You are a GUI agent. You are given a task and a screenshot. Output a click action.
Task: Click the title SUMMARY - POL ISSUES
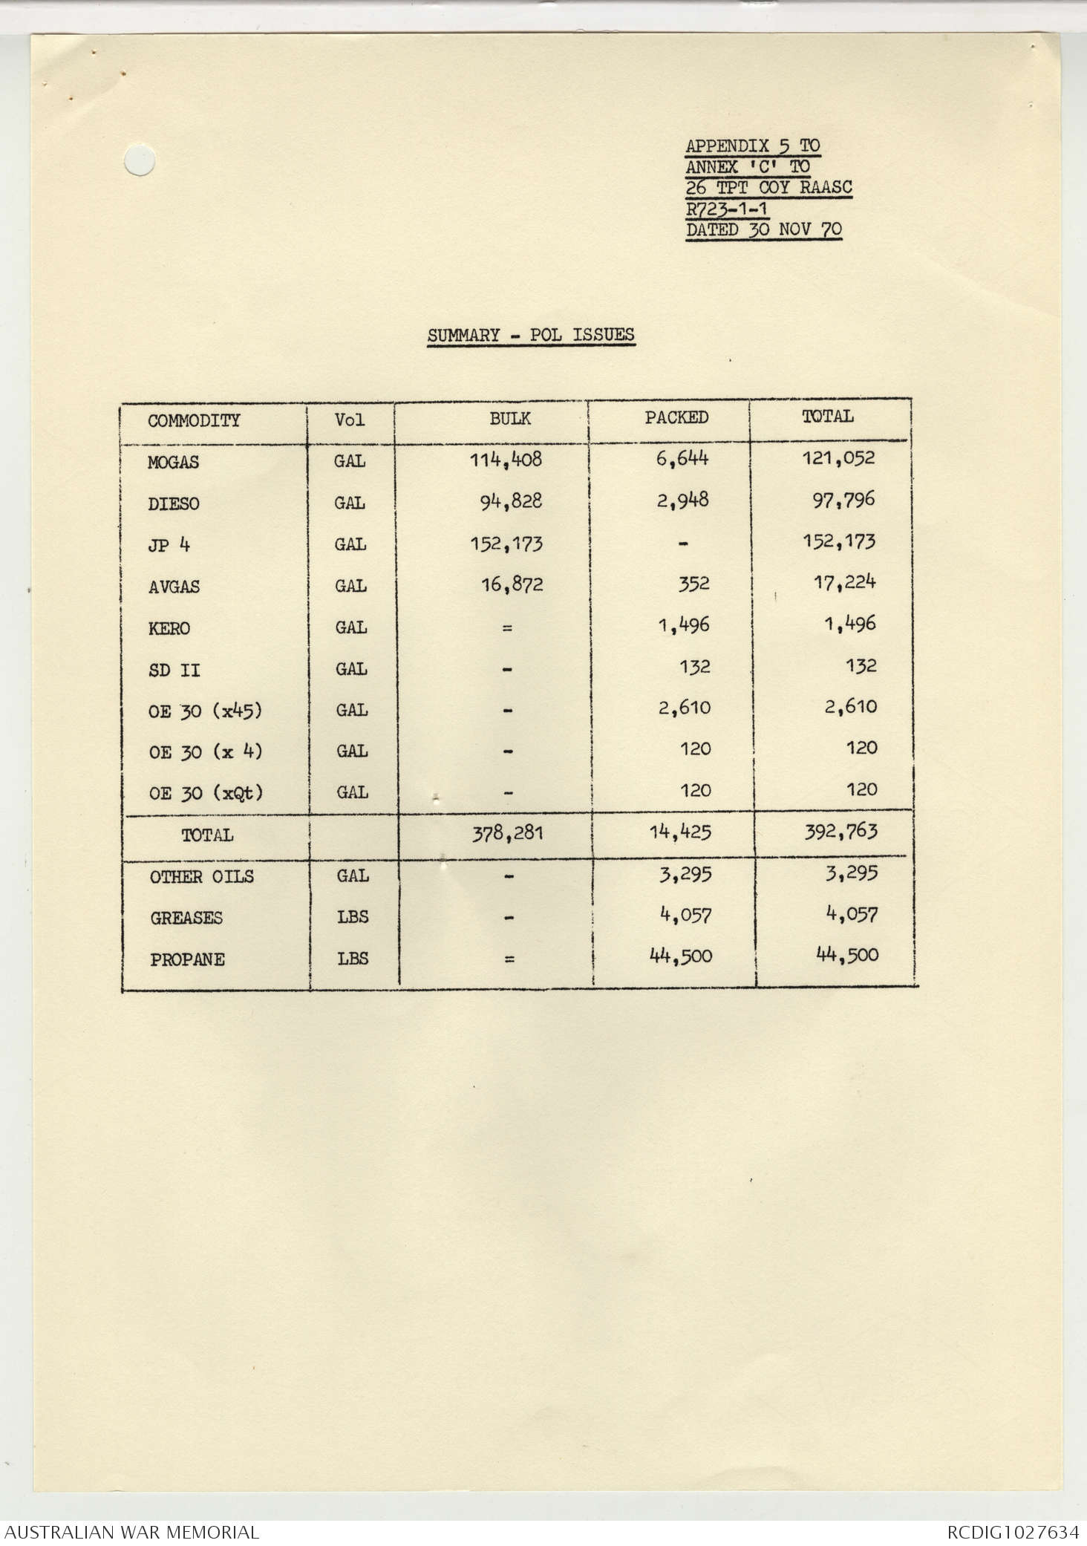pyautogui.click(x=530, y=336)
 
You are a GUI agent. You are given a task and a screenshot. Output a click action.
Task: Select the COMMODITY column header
pyautogui.click(x=194, y=421)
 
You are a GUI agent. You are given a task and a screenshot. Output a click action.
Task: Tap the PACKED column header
pyautogui.click(x=676, y=418)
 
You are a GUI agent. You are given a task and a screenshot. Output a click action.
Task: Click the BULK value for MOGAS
pyautogui.click(x=506, y=460)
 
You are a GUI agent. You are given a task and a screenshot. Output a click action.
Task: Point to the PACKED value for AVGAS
pyautogui.click(x=693, y=584)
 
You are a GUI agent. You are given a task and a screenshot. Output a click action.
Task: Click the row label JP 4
pyautogui.click(x=169, y=546)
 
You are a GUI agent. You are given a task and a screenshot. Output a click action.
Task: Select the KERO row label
pyautogui.click(x=169, y=629)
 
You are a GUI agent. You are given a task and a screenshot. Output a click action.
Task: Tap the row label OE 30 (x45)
pyautogui.click(x=205, y=711)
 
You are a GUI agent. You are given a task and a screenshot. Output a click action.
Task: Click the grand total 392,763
pyautogui.click(x=840, y=832)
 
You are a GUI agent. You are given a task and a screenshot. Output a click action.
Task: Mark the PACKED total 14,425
pyautogui.click(x=680, y=832)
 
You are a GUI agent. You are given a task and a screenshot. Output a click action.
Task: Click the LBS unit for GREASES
pyautogui.click(x=353, y=918)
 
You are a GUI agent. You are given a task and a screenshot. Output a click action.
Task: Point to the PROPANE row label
pyautogui.click(x=187, y=960)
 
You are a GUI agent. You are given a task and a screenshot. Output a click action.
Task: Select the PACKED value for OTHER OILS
pyautogui.click(x=685, y=875)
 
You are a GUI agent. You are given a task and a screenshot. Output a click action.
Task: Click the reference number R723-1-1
pyautogui.click(x=726, y=209)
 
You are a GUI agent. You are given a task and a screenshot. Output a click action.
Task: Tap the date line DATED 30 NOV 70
pyautogui.click(x=763, y=230)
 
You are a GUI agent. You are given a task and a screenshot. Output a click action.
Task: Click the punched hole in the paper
pyautogui.click(x=140, y=160)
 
